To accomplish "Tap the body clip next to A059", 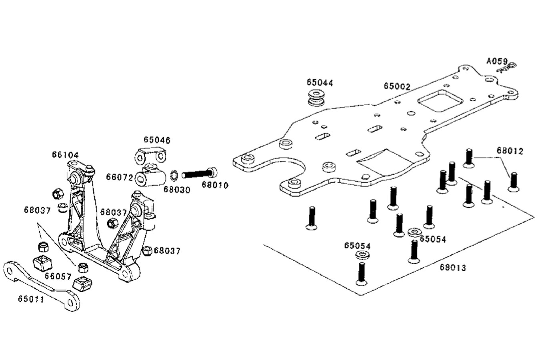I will [507, 68].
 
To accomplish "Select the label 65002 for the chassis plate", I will [397, 86].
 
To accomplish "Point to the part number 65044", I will [320, 82].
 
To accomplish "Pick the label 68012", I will [510, 151].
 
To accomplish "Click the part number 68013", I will [453, 267].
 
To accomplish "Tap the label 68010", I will [215, 185].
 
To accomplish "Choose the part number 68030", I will [176, 188].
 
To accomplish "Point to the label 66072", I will [119, 177].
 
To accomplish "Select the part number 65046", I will [157, 140].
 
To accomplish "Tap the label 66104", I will [65, 155].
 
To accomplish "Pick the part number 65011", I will [31, 298].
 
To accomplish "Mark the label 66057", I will [58, 276].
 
